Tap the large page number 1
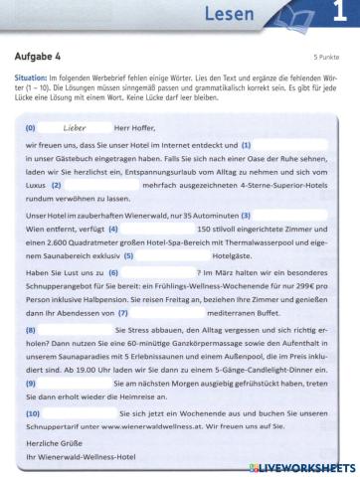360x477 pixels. click(339, 16)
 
